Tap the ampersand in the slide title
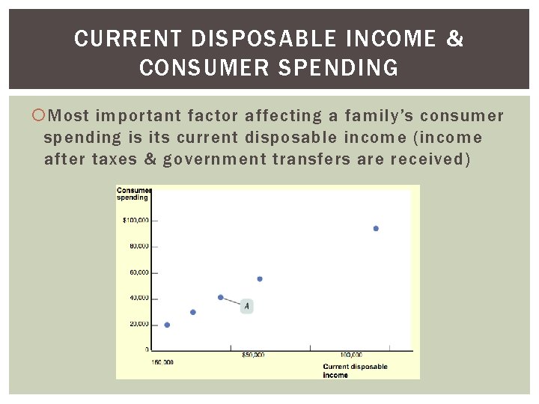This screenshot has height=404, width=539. [x=454, y=39]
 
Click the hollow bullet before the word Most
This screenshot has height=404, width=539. [x=40, y=116]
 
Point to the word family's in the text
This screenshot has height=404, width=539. [x=377, y=116]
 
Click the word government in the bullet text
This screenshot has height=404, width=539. [x=214, y=159]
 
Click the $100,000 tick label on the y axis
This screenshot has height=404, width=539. [x=135, y=220]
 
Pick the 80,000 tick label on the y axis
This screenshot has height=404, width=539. [x=138, y=246]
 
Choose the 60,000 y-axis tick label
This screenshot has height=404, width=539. [x=138, y=272]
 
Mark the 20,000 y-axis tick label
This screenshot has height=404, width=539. [x=138, y=324]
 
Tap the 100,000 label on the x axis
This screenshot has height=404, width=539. [x=350, y=355]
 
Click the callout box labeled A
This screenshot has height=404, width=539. [x=247, y=306]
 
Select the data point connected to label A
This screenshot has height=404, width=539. [x=220, y=297]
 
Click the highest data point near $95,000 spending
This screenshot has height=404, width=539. [x=375, y=228]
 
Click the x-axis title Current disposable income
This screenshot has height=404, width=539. [x=355, y=370]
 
